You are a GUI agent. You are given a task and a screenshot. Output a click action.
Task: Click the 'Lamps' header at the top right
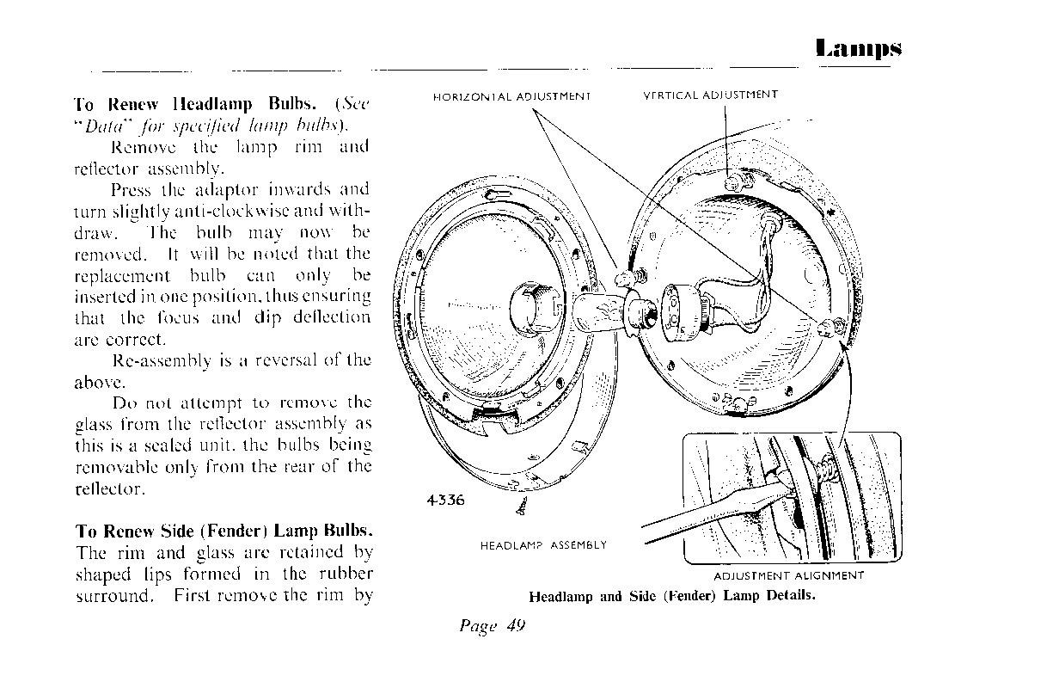(x=859, y=48)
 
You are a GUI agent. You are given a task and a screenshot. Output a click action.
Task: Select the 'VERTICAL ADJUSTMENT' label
(x=710, y=95)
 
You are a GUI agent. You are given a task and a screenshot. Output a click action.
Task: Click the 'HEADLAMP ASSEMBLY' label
(x=543, y=545)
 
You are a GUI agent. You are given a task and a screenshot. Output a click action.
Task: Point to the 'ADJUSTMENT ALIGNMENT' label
(x=788, y=576)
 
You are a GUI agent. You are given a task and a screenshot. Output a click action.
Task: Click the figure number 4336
(x=445, y=501)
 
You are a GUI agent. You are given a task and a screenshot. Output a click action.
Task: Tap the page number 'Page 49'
(x=492, y=625)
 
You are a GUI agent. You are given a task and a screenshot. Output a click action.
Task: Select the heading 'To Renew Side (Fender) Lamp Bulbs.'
(x=223, y=531)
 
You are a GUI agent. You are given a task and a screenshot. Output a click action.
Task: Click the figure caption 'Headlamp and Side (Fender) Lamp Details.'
(x=671, y=596)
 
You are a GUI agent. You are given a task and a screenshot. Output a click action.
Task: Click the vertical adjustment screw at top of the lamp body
(x=732, y=182)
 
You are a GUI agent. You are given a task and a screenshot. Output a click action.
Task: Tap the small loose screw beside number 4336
(x=520, y=508)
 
